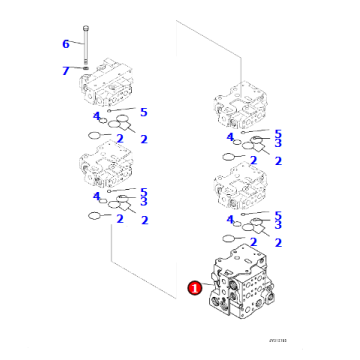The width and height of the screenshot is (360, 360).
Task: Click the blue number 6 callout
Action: (66, 43)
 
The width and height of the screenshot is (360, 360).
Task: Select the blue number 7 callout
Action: (66, 70)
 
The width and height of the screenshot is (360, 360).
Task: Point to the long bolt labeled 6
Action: (89, 44)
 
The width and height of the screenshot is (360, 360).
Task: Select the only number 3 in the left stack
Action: (144, 202)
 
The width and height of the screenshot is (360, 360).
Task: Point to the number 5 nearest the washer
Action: (144, 112)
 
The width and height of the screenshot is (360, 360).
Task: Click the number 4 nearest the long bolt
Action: (97, 117)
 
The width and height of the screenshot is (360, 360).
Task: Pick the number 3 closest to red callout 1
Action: (277, 228)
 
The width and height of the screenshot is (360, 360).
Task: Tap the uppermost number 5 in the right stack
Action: (277, 133)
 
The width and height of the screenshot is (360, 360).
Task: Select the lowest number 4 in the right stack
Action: (230, 220)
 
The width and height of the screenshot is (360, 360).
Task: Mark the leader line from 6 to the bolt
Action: (77, 43)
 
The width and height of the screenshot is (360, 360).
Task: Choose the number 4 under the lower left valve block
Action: (97, 197)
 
